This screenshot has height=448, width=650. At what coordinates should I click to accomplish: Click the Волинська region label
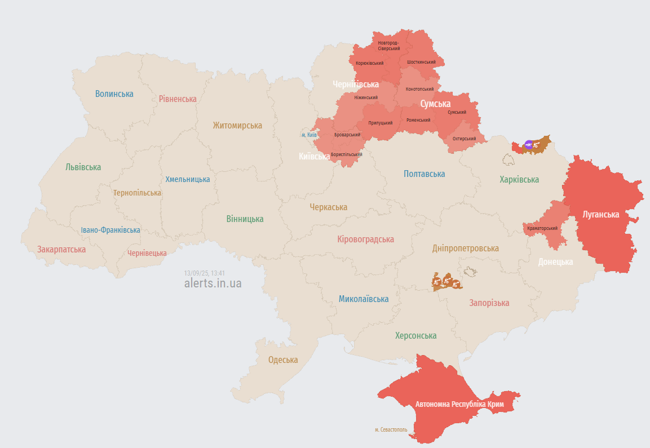click(114, 94)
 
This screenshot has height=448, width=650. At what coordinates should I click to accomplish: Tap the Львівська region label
click(83, 167)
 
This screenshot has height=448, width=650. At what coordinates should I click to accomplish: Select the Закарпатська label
click(61, 249)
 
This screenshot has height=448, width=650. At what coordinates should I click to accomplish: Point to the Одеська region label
click(283, 360)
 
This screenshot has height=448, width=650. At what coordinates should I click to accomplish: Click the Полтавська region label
click(424, 174)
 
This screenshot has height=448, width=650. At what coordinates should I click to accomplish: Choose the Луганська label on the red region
click(601, 215)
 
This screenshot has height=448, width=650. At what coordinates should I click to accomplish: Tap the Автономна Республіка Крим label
click(459, 405)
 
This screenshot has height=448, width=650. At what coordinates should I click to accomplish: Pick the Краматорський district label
click(542, 228)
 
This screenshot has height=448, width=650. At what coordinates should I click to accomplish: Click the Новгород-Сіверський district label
click(388, 46)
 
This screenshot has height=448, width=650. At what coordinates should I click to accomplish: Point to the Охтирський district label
click(464, 139)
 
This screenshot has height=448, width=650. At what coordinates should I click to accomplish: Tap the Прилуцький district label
click(381, 123)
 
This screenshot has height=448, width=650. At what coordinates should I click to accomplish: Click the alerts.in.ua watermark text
click(213, 283)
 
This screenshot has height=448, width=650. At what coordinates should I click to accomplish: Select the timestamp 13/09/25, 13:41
click(204, 273)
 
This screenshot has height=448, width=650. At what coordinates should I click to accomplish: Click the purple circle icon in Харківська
click(528, 145)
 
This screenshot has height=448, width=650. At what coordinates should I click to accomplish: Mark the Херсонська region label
click(415, 336)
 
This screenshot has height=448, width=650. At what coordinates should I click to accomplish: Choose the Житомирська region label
click(237, 126)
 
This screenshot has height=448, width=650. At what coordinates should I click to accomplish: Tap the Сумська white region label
click(435, 104)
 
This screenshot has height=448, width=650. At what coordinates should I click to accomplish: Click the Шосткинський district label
click(420, 62)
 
